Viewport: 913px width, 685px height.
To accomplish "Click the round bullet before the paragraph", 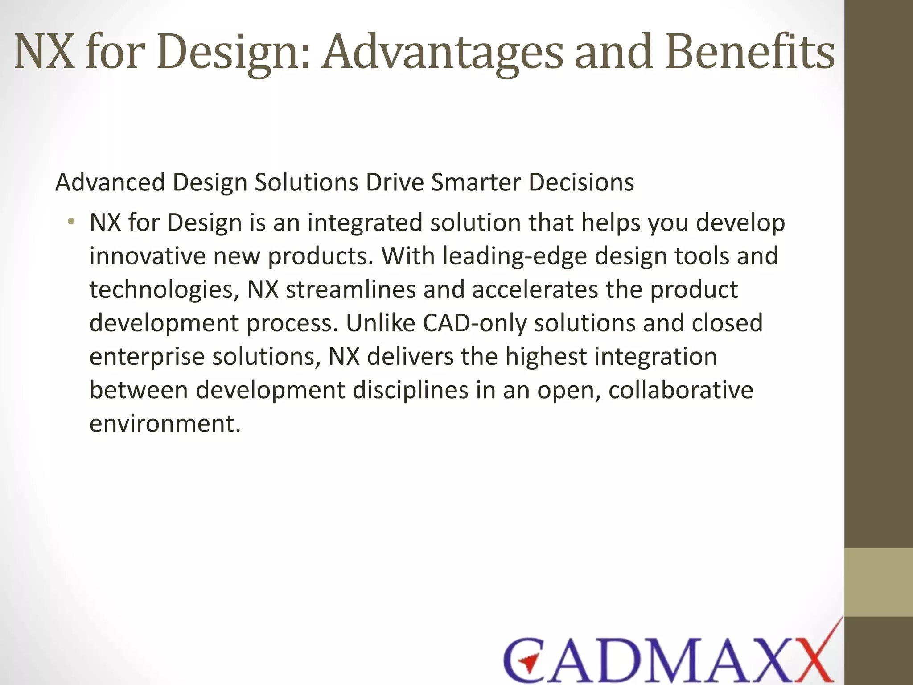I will point(71,222).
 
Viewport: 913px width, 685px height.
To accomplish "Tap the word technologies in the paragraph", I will point(161,290).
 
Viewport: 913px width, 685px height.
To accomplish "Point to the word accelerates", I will point(535,289).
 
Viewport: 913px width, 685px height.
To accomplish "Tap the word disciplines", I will point(411,390).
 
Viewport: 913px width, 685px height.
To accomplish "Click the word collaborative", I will point(681,390).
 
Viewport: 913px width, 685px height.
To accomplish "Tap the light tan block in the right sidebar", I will point(879,582).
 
